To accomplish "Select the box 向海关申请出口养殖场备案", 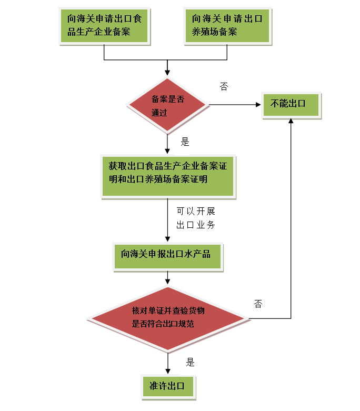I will (227, 25).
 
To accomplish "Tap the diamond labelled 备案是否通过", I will (167, 105).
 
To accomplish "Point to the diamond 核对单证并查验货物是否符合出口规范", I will (167, 318).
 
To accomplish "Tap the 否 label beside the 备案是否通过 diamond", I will (224, 86).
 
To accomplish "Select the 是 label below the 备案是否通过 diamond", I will (185, 142).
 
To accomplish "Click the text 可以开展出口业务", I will (196, 218).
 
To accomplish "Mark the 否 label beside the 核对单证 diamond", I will (258, 304).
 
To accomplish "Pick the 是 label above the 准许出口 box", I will (190, 362).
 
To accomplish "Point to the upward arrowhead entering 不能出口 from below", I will (291, 121).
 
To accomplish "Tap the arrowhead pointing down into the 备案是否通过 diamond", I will (167, 74).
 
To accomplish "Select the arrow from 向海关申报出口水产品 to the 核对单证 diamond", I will (167, 278).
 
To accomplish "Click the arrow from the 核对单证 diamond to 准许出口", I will (167, 363).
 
